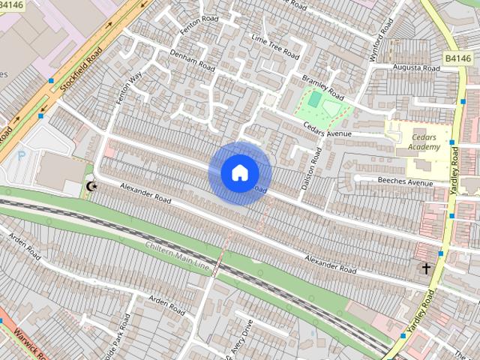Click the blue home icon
239,172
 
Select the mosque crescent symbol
92,185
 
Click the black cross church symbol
426,268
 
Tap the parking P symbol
21,155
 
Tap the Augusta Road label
417,68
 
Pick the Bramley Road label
322,87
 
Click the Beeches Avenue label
405,182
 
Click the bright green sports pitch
314,99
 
